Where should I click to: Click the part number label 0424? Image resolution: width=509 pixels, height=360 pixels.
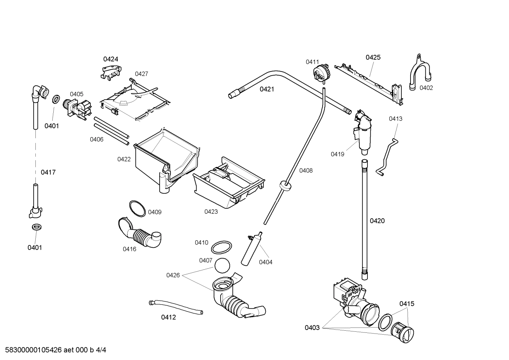click(x=110, y=59)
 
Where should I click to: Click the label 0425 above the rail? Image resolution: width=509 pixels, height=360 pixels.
click(x=373, y=57)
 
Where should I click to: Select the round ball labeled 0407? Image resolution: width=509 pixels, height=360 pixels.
click(x=222, y=266)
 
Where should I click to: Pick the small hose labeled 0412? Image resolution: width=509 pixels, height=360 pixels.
click(x=175, y=306)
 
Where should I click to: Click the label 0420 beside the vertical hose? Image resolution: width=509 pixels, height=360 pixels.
click(x=377, y=221)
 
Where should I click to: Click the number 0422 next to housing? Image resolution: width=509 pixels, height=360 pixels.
click(x=124, y=159)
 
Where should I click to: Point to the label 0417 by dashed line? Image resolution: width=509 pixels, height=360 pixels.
click(x=48, y=172)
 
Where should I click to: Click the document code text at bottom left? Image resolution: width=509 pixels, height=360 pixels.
click(x=53, y=350)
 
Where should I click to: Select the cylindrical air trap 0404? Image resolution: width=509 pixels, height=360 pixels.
click(x=251, y=249)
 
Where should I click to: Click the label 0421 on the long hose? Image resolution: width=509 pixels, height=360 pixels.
click(x=267, y=89)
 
